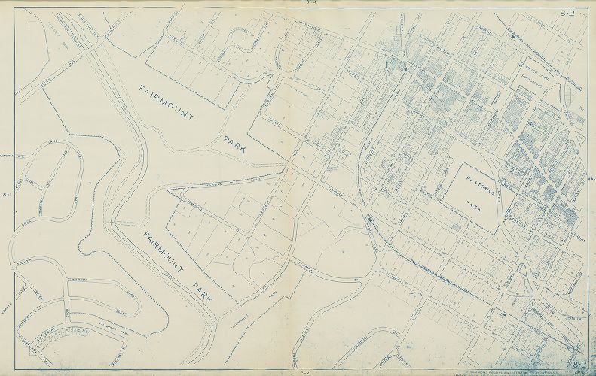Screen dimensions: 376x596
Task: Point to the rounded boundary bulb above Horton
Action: coord(91,247)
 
